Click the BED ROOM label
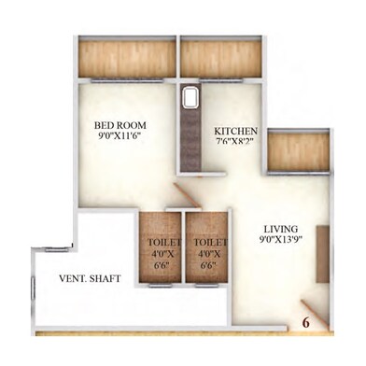click(x=120, y=125)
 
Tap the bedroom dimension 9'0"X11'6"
click(x=120, y=135)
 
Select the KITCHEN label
click(x=235, y=131)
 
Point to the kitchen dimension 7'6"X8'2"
click(x=233, y=141)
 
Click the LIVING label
click(x=281, y=229)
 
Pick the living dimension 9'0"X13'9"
click(x=281, y=239)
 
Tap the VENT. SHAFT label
click(x=90, y=278)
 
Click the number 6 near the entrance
click(x=306, y=323)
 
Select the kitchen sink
click(x=190, y=98)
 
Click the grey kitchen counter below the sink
click(x=190, y=140)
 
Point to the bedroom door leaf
click(x=187, y=195)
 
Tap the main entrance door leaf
click(x=315, y=315)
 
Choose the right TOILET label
click(x=210, y=242)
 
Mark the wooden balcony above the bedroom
click(x=127, y=59)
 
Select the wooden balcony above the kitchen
click(x=220, y=59)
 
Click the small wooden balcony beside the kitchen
click(x=299, y=152)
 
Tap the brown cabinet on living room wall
click(x=323, y=254)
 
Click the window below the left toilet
click(x=160, y=286)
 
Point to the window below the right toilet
click(x=206, y=286)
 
